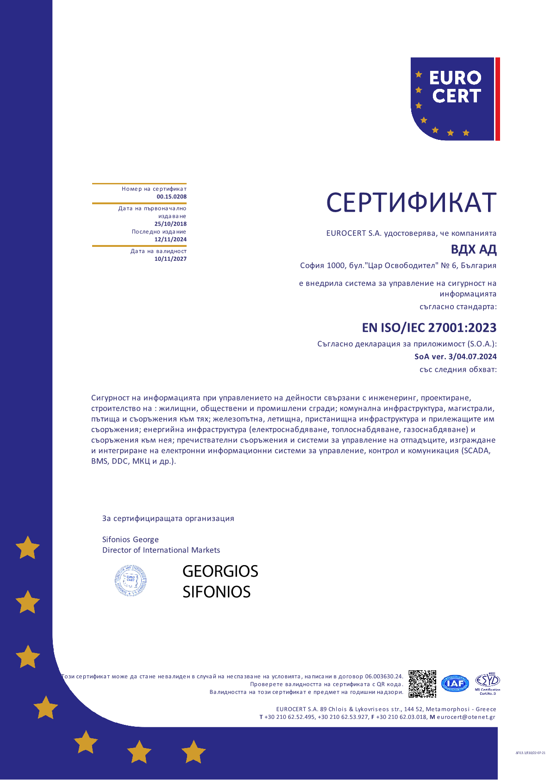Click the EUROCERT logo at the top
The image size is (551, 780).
tap(452, 99)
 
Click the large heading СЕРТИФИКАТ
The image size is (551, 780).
tap(411, 203)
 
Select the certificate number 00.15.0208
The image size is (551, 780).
tap(171, 197)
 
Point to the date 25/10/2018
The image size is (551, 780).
tap(170, 224)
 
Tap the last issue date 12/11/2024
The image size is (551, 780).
tap(170, 239)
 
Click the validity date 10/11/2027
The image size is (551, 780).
tap(170, 259)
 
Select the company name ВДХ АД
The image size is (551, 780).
tap(473, 250)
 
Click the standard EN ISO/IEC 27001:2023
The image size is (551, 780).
tap(429, 328)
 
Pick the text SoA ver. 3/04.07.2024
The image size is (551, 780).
tap(455, 357)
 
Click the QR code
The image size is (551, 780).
tap(422, 684)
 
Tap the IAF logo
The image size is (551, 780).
tap(455, 683)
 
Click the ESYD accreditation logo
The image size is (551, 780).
tap(488, 682)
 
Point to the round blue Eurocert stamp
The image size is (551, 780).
tap(131, 580)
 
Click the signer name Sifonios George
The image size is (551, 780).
tap(130, 540)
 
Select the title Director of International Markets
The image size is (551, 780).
tap(161, 550)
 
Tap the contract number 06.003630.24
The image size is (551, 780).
tap(383, 677)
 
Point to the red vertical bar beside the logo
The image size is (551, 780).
tap(497, 99)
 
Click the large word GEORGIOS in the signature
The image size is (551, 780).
tap(220, 572)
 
